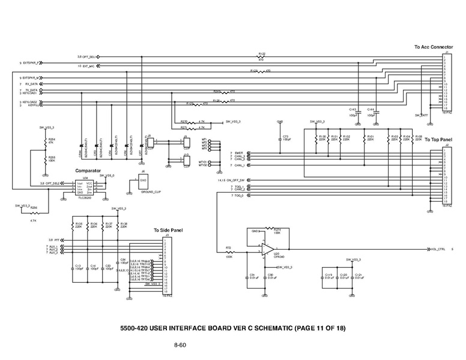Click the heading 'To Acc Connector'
point(433,47)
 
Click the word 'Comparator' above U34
point(87,171)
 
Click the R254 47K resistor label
point(51,141)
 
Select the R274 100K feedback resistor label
point(277,230)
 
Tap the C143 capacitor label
point(353,109)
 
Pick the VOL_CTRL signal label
point(437,248)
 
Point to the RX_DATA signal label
point(32,84)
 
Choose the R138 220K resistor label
point(123,224)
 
